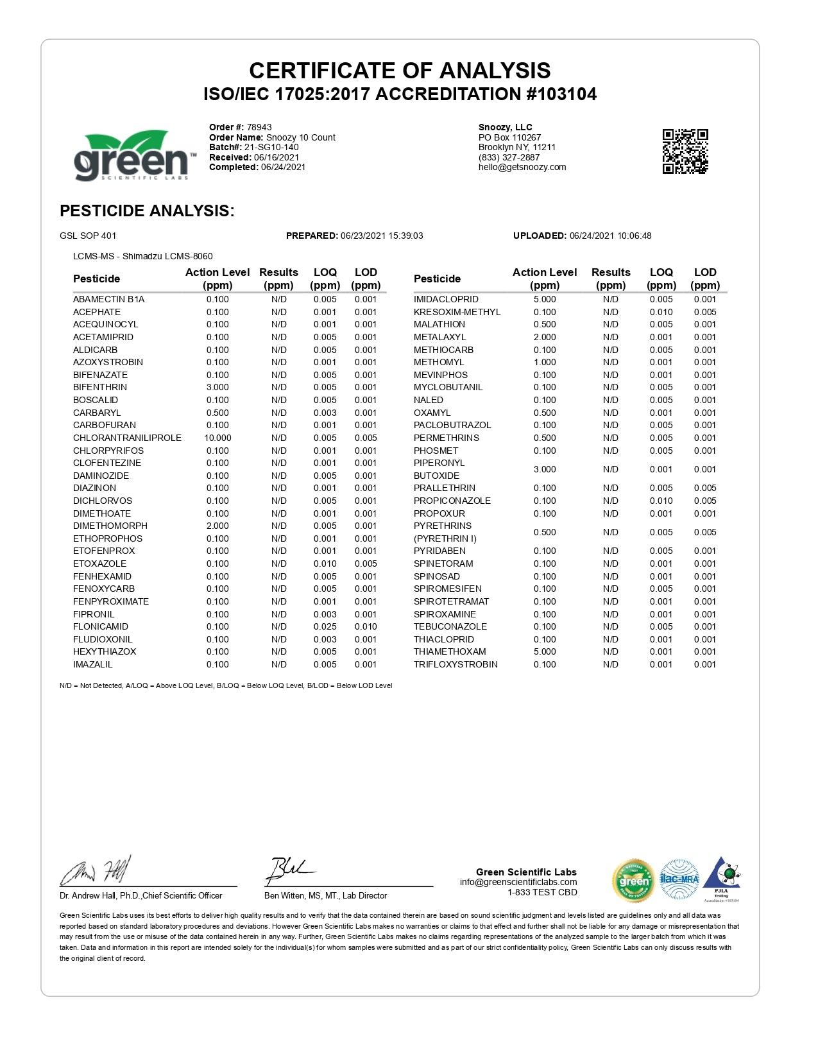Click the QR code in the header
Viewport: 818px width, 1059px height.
(x=685, y=151)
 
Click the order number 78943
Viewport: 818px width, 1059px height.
(x=259, y=127)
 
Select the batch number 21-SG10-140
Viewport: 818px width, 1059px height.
(x=271, y=147)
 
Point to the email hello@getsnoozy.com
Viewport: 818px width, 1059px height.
(x=522, y=167)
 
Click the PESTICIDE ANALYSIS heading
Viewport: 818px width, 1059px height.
(x=147, y=211)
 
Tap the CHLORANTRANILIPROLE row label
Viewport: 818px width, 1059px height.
(x=127, y=438)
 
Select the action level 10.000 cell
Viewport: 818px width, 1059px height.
(x=217, y=438)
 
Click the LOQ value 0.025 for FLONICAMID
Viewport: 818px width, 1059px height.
(x=325, y=626)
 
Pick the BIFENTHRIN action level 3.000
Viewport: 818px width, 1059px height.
(x=217, y=387)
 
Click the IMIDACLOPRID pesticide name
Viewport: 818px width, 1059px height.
(x=446, y=299)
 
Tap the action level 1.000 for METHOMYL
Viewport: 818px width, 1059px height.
(x=545, y=362)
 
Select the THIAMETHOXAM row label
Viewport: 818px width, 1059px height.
(x=450, y=651)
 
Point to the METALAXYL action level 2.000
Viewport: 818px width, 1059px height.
(x=545, y=337)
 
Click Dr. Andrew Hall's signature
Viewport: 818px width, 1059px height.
(x=96, y=871)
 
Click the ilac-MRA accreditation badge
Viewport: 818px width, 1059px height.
(x=679, y=879)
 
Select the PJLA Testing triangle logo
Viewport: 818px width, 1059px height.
(x=722, y=878)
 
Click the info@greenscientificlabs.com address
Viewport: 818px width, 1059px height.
(x=518, y=882)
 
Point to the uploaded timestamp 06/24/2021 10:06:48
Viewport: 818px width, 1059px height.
(x=610, y=236)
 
